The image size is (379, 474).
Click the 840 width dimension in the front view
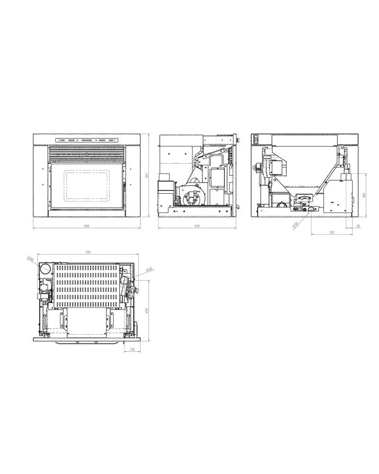coord(87,226)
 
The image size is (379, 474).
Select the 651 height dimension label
coord(147,175)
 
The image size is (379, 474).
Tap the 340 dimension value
coord(363,195)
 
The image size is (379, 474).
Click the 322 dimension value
coord(331,232)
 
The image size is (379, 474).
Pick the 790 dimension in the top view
coord(88,252)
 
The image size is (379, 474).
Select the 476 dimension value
coord(147,310)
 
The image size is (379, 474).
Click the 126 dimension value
coord(132,350)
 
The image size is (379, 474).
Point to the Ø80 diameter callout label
coord(30,259)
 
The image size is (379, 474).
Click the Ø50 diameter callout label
coord(295,226)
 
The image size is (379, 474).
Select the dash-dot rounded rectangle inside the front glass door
coord(86,185)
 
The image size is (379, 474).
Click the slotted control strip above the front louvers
coord(87,140)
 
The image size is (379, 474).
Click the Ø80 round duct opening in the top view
coord(45,269)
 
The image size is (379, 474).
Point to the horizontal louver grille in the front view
coord(87,153)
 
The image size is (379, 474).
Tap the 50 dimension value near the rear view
coord(358,226)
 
